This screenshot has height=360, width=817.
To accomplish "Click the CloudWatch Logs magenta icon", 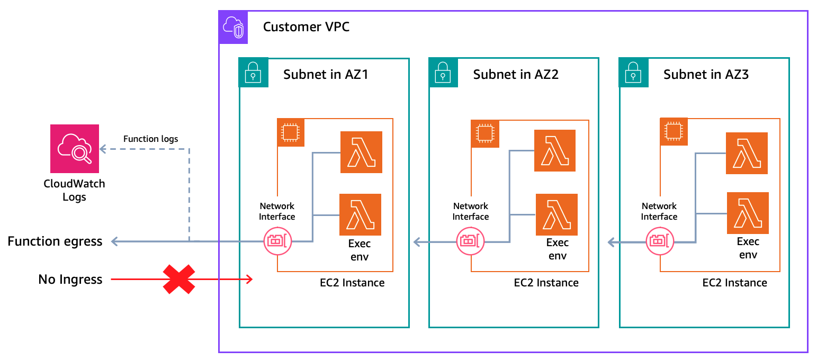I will point(75,149).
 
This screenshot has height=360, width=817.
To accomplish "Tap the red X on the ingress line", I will point(178,279).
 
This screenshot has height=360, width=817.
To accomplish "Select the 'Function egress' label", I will point(55,241).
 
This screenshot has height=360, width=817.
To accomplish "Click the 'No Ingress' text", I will point(70,279).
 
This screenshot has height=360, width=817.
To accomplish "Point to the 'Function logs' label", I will point(150,139).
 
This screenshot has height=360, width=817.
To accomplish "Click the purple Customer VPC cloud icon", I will point(233,26).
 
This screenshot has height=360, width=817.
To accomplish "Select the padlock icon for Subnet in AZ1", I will point(253,73).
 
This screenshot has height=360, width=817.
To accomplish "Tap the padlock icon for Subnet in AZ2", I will point(443,73).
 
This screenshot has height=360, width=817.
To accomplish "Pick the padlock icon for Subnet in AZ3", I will point(633,73).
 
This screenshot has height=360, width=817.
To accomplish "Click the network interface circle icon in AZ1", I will point(277,241).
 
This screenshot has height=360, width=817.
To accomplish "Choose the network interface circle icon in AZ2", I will point(470,241).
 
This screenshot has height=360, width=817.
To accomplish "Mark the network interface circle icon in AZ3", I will point(660,241).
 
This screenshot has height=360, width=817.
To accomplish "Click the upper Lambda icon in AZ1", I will point(361,152).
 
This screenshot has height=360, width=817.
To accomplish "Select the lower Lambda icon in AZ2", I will point(556,214).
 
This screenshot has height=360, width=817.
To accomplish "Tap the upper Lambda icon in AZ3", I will point(747,153).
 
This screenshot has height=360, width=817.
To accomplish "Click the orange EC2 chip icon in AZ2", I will point(484,133).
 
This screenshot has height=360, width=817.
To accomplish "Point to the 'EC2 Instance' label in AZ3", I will point(734,283).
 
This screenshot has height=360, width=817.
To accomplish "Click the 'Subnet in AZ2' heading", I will point(516,75).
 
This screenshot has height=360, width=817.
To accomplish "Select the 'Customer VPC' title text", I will point(306,26).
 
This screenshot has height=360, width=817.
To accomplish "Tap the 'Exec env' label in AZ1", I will point(359,250).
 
